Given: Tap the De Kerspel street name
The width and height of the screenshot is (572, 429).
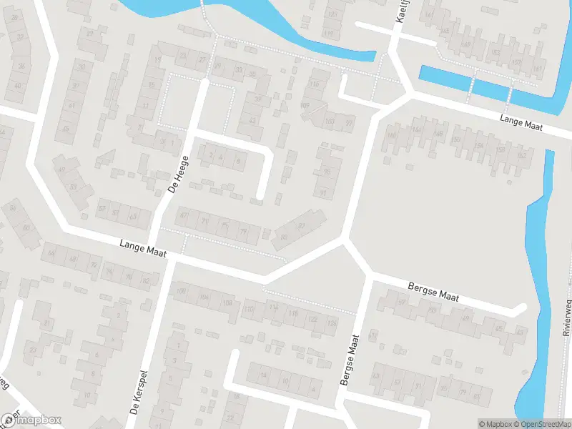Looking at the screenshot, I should tap(138, 393).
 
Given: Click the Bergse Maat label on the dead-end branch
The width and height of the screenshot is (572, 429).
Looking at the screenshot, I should tap(433, 292).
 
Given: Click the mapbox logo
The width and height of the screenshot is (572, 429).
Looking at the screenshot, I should tap(31, 420).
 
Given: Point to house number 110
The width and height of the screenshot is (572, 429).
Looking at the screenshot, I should tap(249, 309).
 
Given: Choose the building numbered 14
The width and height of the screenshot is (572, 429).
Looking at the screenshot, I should tap(262, 375).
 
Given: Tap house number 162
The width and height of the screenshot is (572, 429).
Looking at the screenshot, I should tap(521, 154).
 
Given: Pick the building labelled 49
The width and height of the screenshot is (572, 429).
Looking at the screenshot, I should tap(61, 169).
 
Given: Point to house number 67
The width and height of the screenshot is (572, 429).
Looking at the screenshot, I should tap(184, 215).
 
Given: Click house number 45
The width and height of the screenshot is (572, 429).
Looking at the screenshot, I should tap(66, 129).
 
